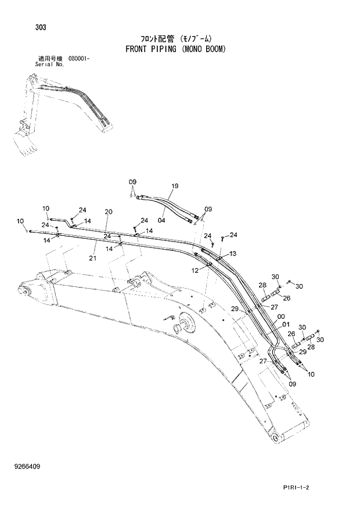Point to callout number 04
161,220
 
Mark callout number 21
93,257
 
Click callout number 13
233,254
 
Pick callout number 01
286,325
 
